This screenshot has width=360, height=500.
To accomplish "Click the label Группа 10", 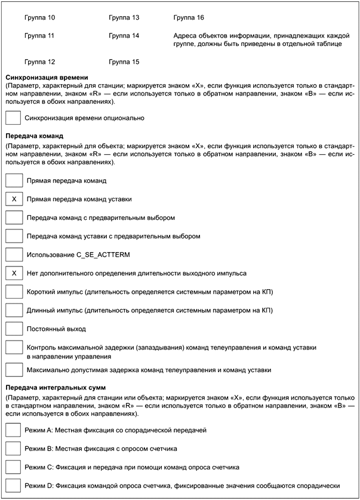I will point(40,17).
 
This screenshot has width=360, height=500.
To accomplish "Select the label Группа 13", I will point(124,17).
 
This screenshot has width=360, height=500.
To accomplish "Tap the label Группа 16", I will point(188,17).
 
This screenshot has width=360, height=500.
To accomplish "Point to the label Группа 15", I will point(124,62).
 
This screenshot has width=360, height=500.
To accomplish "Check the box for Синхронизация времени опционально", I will point(13,118).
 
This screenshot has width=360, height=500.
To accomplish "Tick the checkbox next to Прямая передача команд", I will point(13,180).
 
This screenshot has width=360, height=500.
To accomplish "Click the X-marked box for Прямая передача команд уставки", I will point(13,198).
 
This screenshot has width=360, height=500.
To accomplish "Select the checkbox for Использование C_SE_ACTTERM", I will point(13,254).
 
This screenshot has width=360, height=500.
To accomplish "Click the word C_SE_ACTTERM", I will point(105,255).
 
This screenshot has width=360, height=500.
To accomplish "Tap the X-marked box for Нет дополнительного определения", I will point(13,273).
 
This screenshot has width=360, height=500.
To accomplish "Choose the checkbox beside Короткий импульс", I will point(13,292).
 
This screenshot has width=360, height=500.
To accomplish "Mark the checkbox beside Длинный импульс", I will point(13,311).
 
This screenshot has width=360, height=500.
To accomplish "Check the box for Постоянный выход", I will point(13,329).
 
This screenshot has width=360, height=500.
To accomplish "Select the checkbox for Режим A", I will point(13,430).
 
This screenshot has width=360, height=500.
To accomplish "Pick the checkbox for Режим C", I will point(13,467).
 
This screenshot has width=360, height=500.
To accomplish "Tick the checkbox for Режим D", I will point(13,485).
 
